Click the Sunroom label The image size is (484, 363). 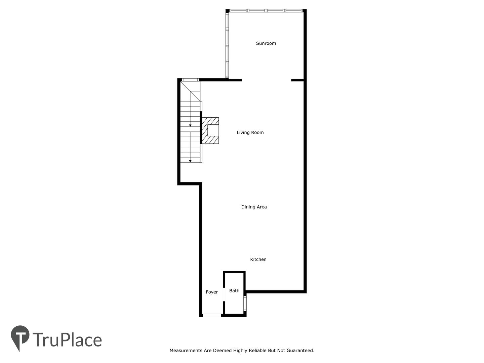click(266, 43)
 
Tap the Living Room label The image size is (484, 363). click(250, 132)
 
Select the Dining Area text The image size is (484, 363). click(254, 207)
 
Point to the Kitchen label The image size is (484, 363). click(258, 259)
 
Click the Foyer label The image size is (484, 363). click(211, 292)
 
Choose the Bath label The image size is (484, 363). click(234, 291)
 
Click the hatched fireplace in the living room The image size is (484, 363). click(210, 130)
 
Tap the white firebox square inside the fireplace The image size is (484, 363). click(213, 130)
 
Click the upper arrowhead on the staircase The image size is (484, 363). click(190, 125)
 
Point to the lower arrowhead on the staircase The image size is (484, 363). click(190, 161)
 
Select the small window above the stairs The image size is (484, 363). click(190, 80)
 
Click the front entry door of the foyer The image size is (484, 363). click(212, 315)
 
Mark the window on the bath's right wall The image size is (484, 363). click(245, 304)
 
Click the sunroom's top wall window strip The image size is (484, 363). click(266, 10)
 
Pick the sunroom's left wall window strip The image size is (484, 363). click(227, 45)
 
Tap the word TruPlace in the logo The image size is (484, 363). click(67, 339)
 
